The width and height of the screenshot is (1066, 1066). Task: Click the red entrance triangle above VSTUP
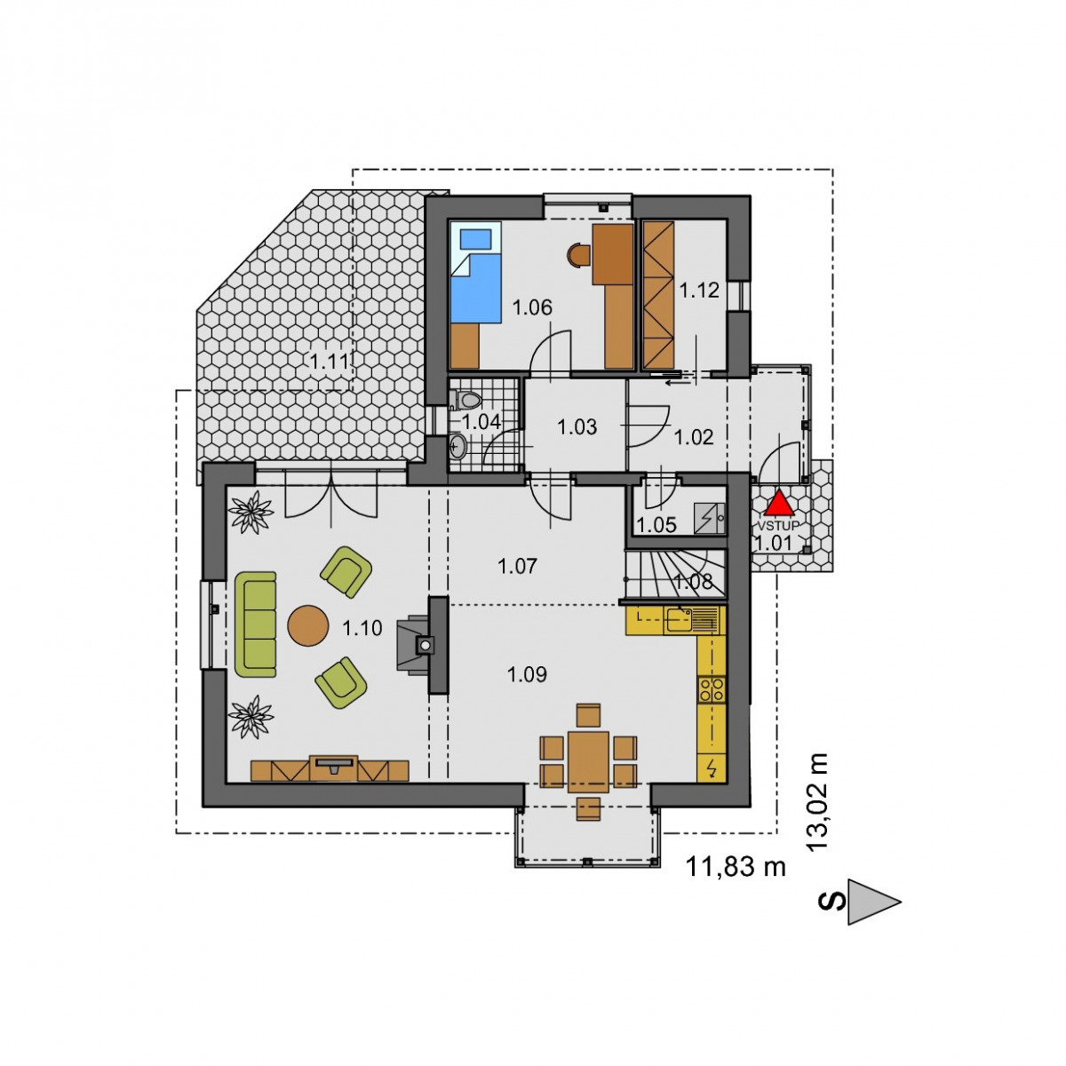click(x=779, y=505)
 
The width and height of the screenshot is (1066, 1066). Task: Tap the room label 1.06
click(x=532, y=307)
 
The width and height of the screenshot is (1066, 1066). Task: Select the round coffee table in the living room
click(x=308, y=625)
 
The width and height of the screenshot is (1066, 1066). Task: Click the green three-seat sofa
click(x=255, y=624)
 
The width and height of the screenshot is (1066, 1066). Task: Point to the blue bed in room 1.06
click(x=475, y=272)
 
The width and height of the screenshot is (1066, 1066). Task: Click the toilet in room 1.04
click(x=467, y=398)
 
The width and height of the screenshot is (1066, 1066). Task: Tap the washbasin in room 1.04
click(x=457, y=445)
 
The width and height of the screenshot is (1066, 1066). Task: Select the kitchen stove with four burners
click(x=712, y=689)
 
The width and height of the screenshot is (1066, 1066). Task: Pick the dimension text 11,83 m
click(x=736, y=866)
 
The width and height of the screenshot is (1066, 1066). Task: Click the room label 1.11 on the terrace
click(x=330, y=362)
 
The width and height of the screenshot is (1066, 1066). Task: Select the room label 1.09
click(x=527, y=674)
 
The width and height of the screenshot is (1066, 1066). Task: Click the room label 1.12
click(x=699, y=290)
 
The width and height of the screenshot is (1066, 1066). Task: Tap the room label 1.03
click(x=577, y=427)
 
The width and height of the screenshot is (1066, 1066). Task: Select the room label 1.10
click(x=362, y=628)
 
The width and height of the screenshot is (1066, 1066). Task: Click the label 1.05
click(x=656, y=525)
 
